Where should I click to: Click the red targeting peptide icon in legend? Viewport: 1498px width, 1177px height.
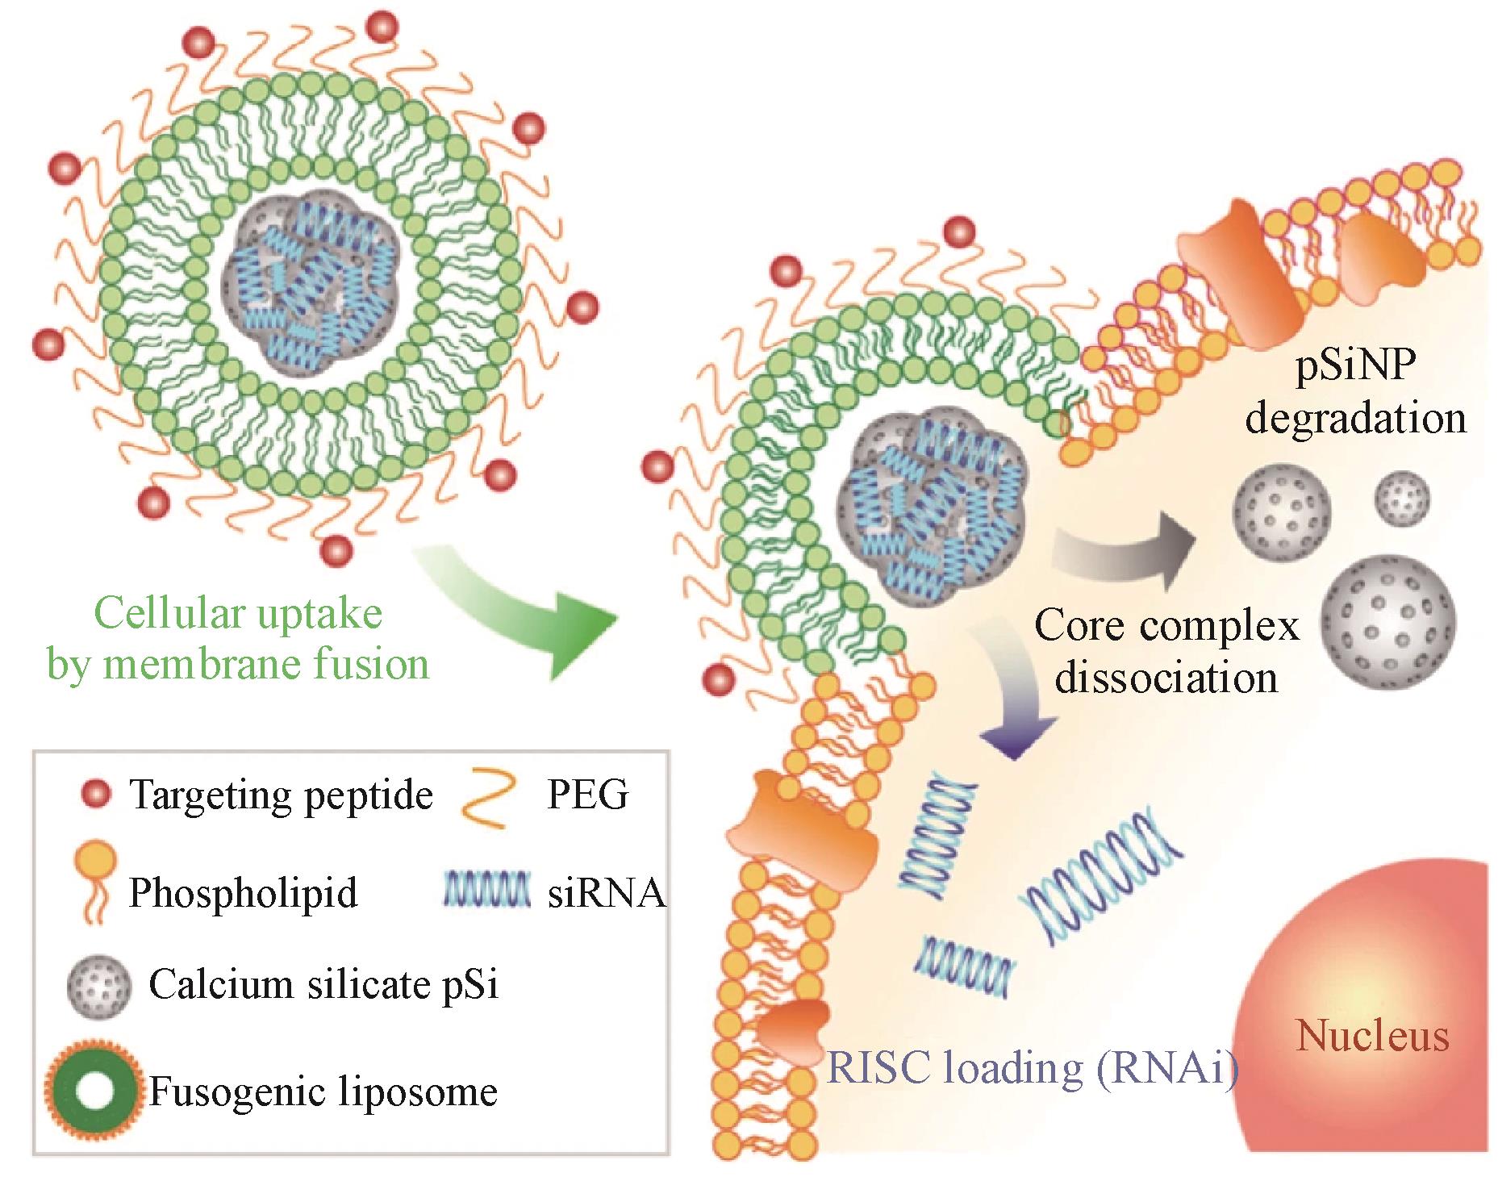[96, 795]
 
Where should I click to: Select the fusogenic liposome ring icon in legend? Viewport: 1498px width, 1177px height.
[95, 1091]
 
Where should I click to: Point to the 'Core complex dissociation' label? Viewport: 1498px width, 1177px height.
[1166, 651]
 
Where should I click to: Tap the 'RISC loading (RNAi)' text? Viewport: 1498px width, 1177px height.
[1033, 1067]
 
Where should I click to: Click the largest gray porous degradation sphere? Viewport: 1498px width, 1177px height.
[1387, 622]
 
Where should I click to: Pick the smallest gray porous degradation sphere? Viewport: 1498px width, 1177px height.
[1402, 499]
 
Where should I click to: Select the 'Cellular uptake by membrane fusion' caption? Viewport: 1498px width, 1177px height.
[238, 639]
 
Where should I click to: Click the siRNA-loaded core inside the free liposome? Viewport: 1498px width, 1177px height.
[310, 290]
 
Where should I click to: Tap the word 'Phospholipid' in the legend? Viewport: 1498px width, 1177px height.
[243, 893]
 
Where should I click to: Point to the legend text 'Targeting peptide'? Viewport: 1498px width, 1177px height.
[281, 795]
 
